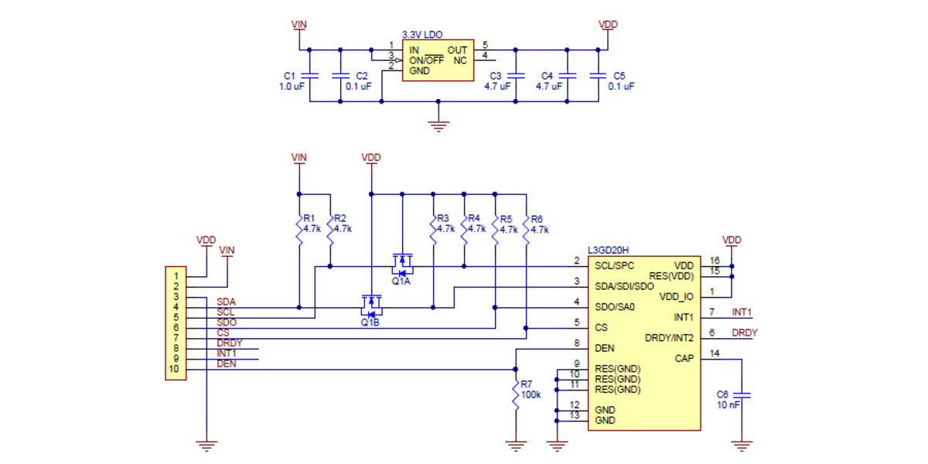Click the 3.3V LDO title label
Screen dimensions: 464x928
[x=422, y=36]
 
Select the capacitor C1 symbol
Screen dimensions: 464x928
[x=309, y=76]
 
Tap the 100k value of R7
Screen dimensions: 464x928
[x=531, y=394]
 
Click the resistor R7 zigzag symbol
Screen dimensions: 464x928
[x=515, y=394]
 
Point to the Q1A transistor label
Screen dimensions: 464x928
[x=401, y=281]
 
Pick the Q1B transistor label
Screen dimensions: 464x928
[x=370, y=322]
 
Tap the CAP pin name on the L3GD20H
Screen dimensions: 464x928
[x=684, y=359]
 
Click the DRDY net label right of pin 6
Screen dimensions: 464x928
[x=745, y=333]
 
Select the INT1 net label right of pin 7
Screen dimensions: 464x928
[x=742, y=312]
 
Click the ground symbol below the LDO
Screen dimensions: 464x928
[x=438, y=124]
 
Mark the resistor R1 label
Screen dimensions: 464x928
[x=309, y=219]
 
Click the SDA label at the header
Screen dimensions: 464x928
[x=227, y=302]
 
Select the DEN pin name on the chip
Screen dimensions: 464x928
[x=605, y=349]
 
